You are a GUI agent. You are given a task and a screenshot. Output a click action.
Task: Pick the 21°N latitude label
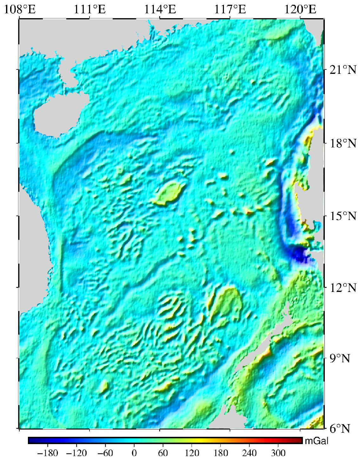[343, 69]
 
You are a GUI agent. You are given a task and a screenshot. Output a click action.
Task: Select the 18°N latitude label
[343, 143]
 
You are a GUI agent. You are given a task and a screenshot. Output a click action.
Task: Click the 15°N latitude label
[343, 217]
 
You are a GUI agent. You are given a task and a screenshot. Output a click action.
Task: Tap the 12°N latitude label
[343, 288]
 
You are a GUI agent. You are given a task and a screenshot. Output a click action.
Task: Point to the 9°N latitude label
[340, 359]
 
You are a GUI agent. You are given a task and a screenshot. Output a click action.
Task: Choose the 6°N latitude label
[340, 429]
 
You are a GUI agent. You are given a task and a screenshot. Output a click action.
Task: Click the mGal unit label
[316, 441]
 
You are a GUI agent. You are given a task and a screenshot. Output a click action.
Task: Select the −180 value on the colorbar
[48, 452]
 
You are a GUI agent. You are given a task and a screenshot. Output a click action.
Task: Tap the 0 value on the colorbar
[134, 452]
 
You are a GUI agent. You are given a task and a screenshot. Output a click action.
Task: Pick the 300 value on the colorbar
[278, 452]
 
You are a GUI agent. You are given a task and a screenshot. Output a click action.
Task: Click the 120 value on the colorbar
[192, 452]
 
